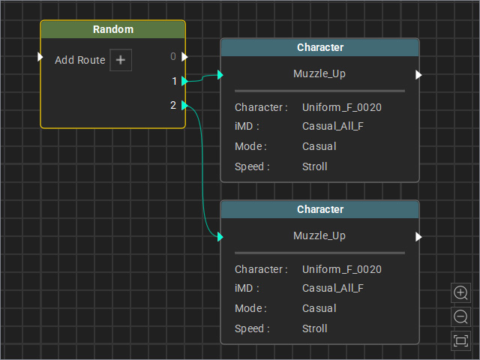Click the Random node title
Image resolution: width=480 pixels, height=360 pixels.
[x=113, y=29]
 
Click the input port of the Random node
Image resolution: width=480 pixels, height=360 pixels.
[x=40, y=57]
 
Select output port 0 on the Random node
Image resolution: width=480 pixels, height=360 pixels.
[x=184, y=57]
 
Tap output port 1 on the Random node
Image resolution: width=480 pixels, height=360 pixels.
[x=184, y=81]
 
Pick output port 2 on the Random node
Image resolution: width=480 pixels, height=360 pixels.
[x=184, y=105]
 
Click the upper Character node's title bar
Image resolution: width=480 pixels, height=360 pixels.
[x=320, y=47]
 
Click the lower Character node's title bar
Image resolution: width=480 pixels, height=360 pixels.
[x=320, y=209]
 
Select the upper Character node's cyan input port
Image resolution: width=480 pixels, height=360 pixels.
[x=220, y=75]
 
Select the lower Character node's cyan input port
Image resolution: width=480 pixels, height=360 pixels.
[x=220, y=237]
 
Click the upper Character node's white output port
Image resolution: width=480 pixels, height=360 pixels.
[x=418, y=75]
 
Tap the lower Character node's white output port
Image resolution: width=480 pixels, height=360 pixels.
[x=418, y=237]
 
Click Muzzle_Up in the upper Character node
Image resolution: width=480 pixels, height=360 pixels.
[x=319, y=73]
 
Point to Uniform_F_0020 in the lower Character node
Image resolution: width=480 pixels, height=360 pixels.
[x=342, y=269]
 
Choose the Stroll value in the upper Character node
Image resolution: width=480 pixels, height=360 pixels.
[x=315, y=166]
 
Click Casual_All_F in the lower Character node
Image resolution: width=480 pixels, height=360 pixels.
[x=333, y=288]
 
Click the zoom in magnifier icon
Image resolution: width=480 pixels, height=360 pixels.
[x=460, y=292]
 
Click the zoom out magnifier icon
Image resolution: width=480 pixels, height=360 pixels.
[x=460, y=316]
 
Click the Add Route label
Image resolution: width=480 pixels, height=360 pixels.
[x=80, y=60]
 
